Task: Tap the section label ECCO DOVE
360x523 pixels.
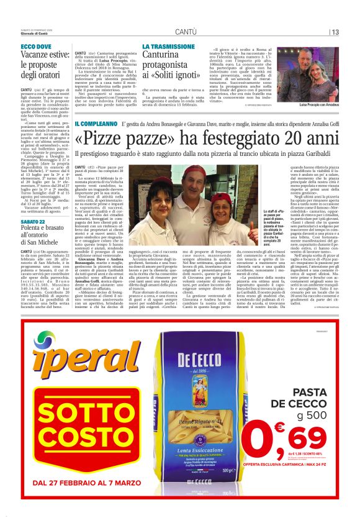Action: click(x=35, y=47)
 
